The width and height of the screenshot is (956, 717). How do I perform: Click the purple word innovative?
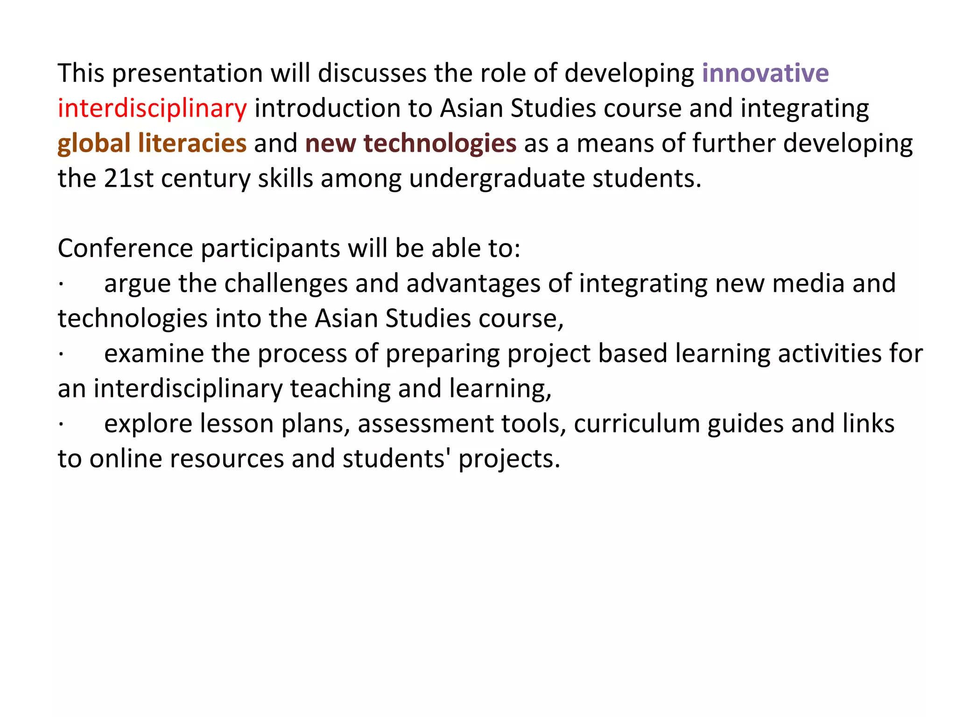pyautogui.click(x=765, y=73)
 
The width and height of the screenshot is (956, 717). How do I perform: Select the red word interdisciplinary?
pyautogui.click(x=152, y=108)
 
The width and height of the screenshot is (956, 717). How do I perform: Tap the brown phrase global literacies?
pyautogui.click(x=152, y=143)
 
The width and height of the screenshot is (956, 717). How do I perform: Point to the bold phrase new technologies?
pyautogui.click(x=411, y=143)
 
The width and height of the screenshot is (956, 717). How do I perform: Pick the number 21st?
pyautogui.click(x=128, y=178)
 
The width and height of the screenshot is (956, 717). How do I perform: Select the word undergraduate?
pyautogui.click(x=497, y=178)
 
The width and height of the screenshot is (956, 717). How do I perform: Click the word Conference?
pyautogui.click(x=125, y=248)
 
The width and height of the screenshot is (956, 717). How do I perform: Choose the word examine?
pyautogui.click(x=154, y=354)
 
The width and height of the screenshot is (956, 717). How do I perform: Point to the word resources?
pyautogui.click(x=227, y=459)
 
